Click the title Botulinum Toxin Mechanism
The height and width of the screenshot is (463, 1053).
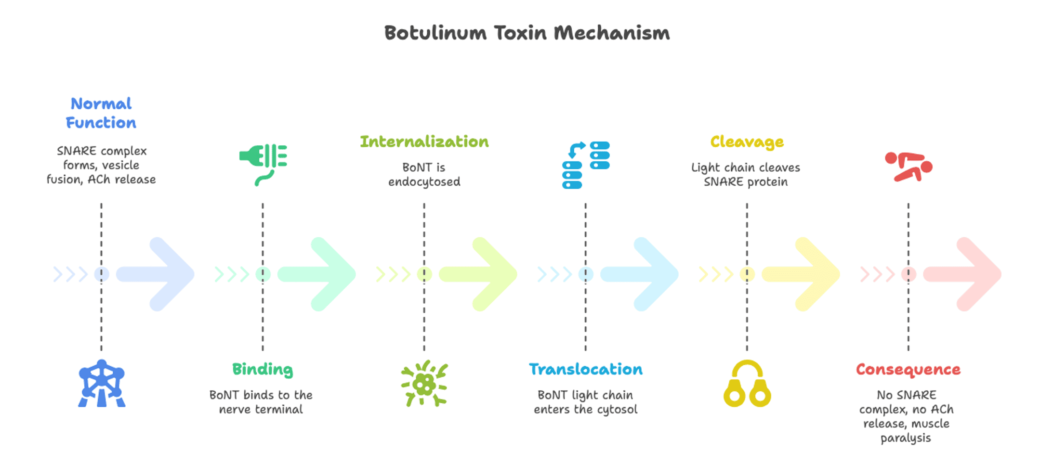click(526, 33)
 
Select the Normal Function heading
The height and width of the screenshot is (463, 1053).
click(101, 113)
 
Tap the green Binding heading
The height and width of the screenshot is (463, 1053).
click(263, 369)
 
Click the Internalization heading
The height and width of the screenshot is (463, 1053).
click(424, 141)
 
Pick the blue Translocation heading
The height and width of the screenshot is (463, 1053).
click(585, 369)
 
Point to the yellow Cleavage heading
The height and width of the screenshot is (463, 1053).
click(747, 141)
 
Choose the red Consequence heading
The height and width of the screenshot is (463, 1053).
click(908, 369)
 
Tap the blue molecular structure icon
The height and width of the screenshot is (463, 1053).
click(102, 384)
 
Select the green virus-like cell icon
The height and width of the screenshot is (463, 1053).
click(424, 384)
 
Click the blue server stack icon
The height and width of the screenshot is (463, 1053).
click(586, 165)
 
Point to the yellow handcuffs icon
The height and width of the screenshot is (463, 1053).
click(747, 384)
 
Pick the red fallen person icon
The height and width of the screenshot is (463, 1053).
click(908, 167)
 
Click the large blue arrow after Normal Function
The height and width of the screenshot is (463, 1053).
click(159, 274)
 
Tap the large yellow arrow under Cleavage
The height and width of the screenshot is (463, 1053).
click(804, 274)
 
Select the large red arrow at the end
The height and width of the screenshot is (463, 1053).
click(966, 274)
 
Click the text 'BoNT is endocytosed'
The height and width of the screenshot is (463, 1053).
click(424, 174)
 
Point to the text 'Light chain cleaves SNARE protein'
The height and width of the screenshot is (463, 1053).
click(746, 174)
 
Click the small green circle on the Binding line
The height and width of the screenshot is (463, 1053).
click(263, 274)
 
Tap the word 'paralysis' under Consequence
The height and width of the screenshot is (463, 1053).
click(906, 438)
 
